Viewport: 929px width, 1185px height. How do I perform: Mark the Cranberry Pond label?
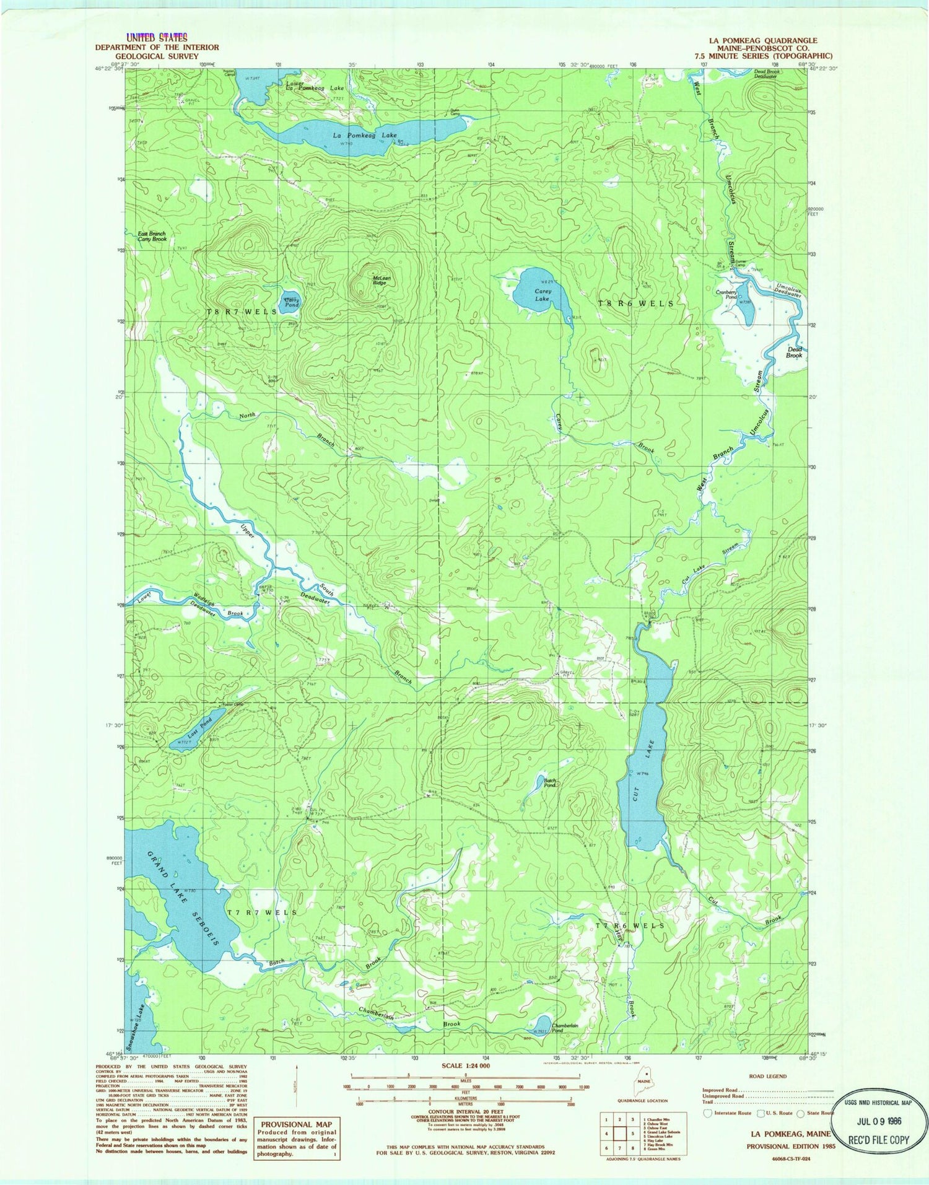(x=726, y=295)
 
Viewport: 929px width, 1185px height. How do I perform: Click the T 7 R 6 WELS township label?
(x=629, y=925)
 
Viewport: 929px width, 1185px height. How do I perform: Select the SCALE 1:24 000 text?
(x=464, y=1065)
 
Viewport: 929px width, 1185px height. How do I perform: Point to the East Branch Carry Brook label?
(x=152, y=236)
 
